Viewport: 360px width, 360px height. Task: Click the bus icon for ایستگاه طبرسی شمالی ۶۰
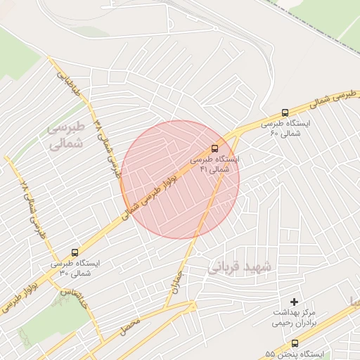285,112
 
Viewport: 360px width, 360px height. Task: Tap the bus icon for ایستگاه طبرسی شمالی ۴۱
214,148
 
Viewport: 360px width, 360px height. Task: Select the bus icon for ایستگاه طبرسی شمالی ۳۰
75,252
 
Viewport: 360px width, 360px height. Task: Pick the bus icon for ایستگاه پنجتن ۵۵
294,343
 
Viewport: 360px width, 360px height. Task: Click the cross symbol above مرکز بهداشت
294,302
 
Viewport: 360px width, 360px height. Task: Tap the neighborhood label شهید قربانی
239,268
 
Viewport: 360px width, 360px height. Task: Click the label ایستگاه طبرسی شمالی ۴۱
214,165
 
